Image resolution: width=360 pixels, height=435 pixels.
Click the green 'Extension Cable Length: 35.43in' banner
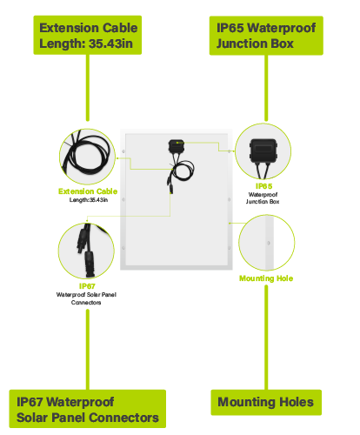[x=88, y=35]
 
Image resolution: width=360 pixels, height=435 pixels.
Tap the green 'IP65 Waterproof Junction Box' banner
[x=266, y=36]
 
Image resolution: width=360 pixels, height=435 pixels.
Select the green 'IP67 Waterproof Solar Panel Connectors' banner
[x=88, y=409]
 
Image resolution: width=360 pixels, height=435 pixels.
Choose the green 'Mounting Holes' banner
[x=266, y=402]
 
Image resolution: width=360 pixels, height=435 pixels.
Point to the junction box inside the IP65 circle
[x=263, y=151]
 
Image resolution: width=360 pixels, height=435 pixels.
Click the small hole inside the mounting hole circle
[x=269, y=243]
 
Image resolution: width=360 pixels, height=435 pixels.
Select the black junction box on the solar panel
[x=177, y=146]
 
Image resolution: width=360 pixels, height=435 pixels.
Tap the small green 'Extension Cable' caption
[x=88, y=191]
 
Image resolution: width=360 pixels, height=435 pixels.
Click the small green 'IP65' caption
[x=263, y=186]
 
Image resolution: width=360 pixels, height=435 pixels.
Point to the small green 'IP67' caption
[x=87, y=286]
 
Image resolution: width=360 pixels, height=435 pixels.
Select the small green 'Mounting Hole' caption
[x=266, y=278]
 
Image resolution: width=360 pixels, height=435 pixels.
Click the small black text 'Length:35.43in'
[x=89, y=200]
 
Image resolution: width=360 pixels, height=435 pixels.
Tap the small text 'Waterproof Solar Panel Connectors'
[x=86, y=298]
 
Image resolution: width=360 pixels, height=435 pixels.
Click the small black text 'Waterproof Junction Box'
[x=263, y=198]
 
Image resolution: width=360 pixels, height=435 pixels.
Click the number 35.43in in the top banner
[x=110, y=43]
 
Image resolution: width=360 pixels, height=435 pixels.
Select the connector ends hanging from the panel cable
[x=170, y=185]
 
